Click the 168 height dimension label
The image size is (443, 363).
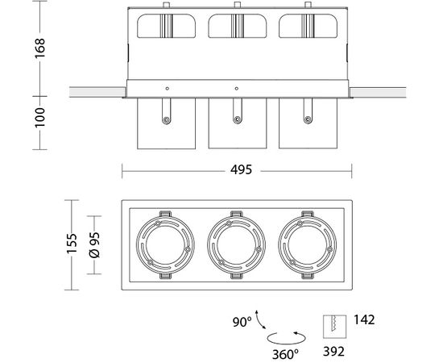point(39,48)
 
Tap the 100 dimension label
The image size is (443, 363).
point(39,118)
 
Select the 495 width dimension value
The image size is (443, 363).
point(241,169)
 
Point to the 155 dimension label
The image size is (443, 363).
point(72,244)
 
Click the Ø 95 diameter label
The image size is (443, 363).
point(94,245)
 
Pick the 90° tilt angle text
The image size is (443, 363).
point(242,322)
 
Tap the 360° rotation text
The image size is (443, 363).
point(285,354)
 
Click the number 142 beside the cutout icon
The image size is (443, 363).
point(364,319)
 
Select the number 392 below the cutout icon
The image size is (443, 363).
point(334,352)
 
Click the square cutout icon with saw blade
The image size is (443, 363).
point(335,327)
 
